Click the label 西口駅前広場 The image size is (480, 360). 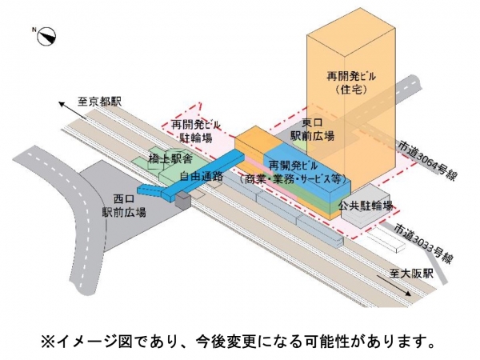point(128,206)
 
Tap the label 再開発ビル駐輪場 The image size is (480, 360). point(194,132)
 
